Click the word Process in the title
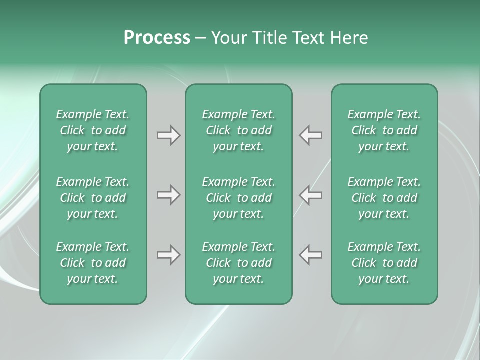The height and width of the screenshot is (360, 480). click(157, 38)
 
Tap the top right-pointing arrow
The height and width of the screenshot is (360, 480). click(168, 135)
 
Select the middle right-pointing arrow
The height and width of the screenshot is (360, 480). click(168, 195)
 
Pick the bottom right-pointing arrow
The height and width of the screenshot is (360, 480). click(168, 255)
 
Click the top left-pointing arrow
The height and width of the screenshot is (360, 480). click(311, 135)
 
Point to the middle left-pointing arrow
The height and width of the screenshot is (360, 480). click(311, 195)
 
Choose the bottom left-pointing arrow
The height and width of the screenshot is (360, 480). click(311, 255)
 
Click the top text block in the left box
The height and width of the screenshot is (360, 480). click(93, 130)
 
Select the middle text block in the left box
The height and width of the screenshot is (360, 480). click(93, 198)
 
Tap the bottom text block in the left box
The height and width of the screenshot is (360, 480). click(93, 263)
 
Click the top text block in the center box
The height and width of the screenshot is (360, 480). click(238, 130)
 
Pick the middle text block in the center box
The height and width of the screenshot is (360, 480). click(238, 198)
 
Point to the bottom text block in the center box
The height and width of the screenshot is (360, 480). click(238, 263)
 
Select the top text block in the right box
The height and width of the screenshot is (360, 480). click(384, 130)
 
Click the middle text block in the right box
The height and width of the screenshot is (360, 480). click(384, 198)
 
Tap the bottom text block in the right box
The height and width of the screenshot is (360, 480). click(384, 263)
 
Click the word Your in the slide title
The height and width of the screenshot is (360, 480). click(228, 38)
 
